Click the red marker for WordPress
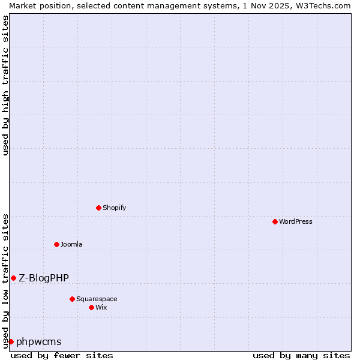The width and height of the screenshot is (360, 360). pyautogui.click(x=275, y=221)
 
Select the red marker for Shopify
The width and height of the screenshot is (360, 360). pyautogui.click(x=99, y=208)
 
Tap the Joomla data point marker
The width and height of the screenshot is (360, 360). pyautogui.click(x=57, y=244)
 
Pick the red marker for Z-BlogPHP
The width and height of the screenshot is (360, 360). pyautogui.click(x=13, y=278)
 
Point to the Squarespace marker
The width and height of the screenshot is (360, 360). pyautogui.click(x=73, y=299)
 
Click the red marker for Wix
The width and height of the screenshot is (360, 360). pyautogui.click(x=92, y=307)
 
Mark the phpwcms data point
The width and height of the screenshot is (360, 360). pyautogui.click(x=11, y=341)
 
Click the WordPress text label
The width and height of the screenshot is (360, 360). pyautogui.click(x=296, y=221)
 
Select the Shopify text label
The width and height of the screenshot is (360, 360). pyautogui.click(x=115, y=208)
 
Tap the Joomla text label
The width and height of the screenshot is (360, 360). pyautogui.click(x=71, y=244)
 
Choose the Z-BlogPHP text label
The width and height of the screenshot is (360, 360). pyautogui.click(x=44, y=278)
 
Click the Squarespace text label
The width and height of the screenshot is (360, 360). pyautogui.click(x=97, y=299)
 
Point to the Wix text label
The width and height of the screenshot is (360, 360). pyautogui.click(x=101, y=307)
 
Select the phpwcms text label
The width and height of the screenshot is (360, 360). pyautogui.click(x=39, y=342)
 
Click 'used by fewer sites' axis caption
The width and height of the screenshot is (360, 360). pyautogui.click(x=62, y=355)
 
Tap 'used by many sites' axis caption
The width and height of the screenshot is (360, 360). pyautogui.click(x=301, y=355)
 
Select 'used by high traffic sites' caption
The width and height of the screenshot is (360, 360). pyautogui.click(x=6, y=85)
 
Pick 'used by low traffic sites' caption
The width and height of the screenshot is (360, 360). pyautogui.click(x=6, y=280)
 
